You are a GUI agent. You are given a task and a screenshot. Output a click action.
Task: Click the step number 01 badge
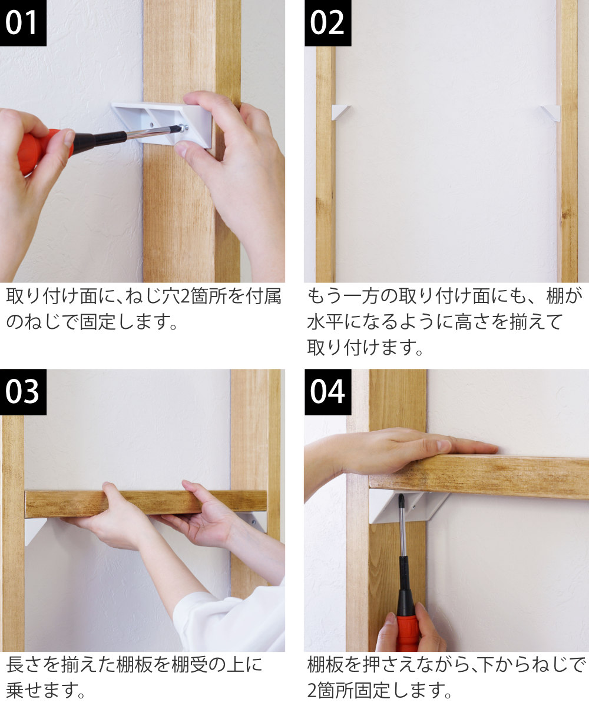(x=23, y=23)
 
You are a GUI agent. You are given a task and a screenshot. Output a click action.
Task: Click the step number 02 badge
(x=327, y=23)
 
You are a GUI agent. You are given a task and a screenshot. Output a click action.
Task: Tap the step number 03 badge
(x=23, y=392)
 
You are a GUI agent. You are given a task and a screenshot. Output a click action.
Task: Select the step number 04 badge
(x=327, y=392)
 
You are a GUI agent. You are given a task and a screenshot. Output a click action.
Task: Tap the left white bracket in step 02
(x=340, y=111)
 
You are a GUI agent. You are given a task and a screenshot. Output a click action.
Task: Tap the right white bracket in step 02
(x=551, y=112)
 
